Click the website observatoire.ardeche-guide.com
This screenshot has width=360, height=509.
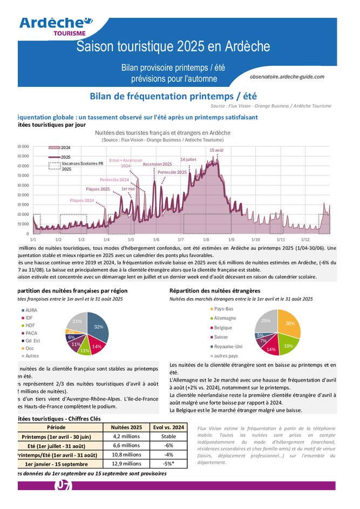(287, 77)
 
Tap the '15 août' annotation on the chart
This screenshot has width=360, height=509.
(216, 150)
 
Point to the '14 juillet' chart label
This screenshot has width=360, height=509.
(188, 160)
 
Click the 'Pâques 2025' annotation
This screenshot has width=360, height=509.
(98, 189)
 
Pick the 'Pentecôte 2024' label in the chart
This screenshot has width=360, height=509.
(114, 180)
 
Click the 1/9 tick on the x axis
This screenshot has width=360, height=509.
(231, 239)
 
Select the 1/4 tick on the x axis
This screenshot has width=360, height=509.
(106, 239)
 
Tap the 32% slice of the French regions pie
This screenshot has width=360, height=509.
(98, 327)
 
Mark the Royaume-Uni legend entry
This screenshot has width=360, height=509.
(227, 347)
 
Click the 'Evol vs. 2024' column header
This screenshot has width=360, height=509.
(168, 427)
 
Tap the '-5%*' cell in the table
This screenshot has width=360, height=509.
(168, 463)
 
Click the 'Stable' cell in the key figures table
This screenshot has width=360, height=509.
(168, 436)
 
